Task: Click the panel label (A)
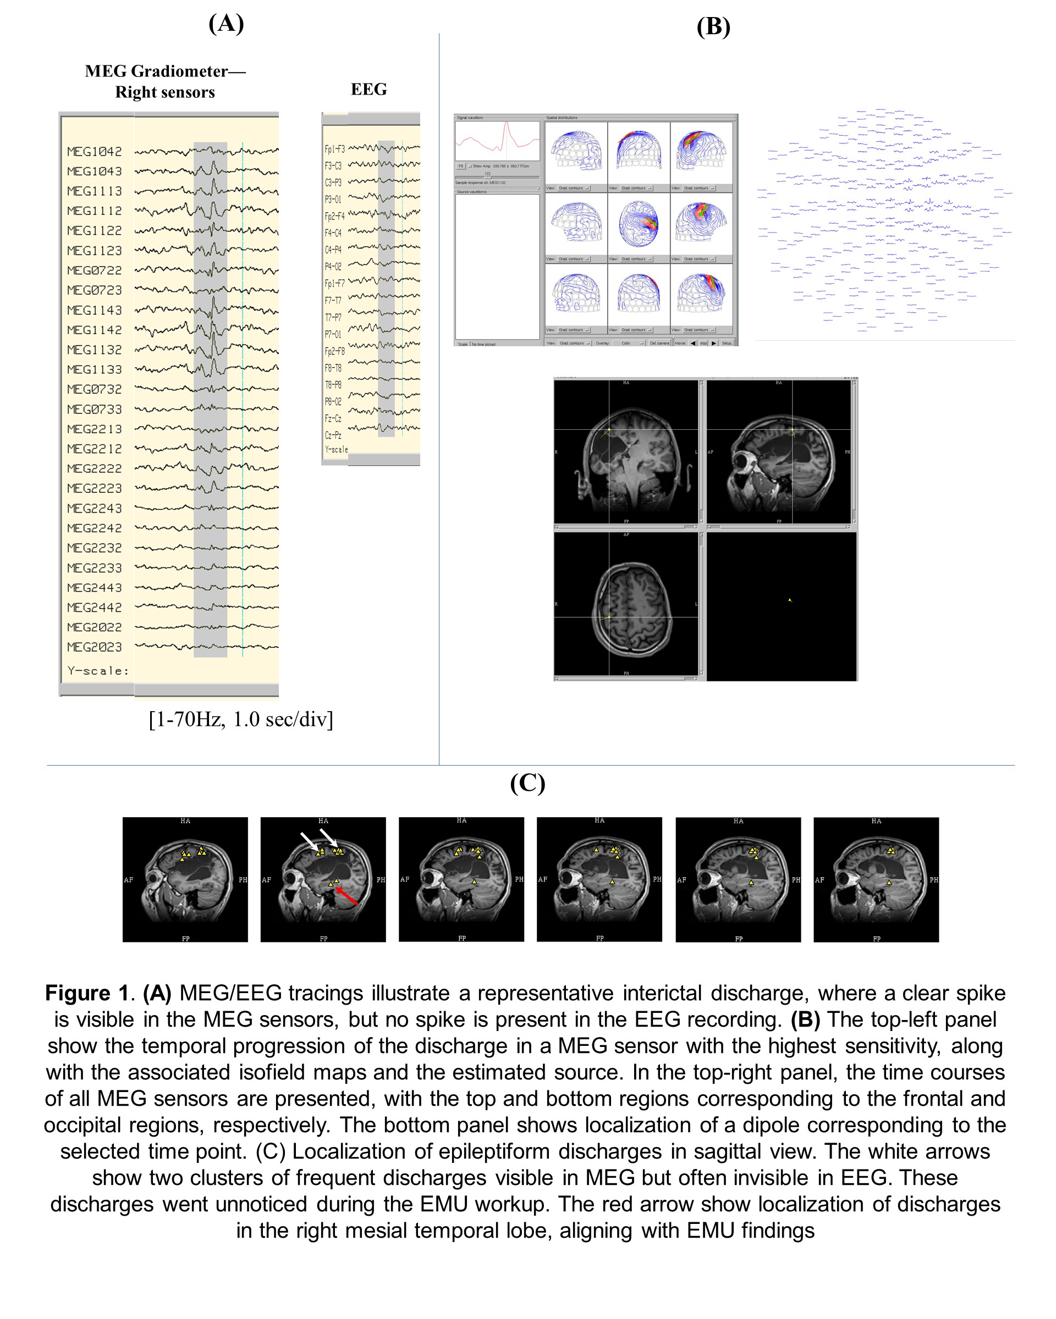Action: coord(226,23)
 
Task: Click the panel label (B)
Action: coord(713,27)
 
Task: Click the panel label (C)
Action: coord(527,783)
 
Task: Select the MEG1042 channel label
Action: coord(94,152)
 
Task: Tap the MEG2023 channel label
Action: coord(94,647)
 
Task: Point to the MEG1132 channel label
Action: coord(94,350)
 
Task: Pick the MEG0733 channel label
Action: coord(94,409)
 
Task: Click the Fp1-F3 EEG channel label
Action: coord(334,149)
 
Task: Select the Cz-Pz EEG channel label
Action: coord(333,435)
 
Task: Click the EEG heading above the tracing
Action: coord(369,90)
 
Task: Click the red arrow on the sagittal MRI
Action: coord(347,896)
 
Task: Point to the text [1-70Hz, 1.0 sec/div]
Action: coord(240,719)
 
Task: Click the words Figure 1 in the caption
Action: coord(86,993)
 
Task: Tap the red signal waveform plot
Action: coord(497,141)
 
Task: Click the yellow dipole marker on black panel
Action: coord(790,600)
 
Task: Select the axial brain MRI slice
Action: coord(626,604)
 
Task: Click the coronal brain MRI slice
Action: coord(626,452)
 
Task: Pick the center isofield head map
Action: coord(639,223)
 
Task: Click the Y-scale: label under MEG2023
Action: coord(98,671)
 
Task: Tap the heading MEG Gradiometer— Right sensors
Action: coord(166,81)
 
